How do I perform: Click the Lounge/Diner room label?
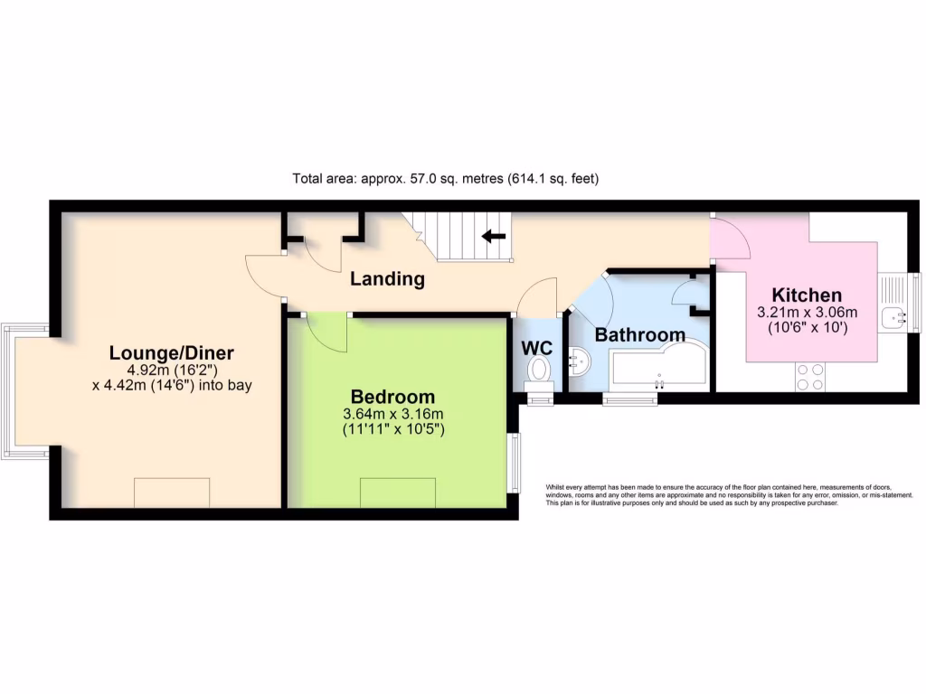click(171, 352)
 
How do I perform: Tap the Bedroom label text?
click(392, 397)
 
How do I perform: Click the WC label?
click(536, 348)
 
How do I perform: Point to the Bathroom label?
click(639, 335)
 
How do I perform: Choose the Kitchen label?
click(806, 295)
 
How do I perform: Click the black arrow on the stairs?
click(493, 237)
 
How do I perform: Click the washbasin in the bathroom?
click(579, 363)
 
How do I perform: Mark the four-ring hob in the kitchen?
click(809, 376)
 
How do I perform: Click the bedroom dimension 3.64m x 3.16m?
click(392, 414)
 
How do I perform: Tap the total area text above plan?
click(446, 179)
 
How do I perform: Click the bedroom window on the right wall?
click(515, 463)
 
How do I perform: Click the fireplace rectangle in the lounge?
click(172, 492)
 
